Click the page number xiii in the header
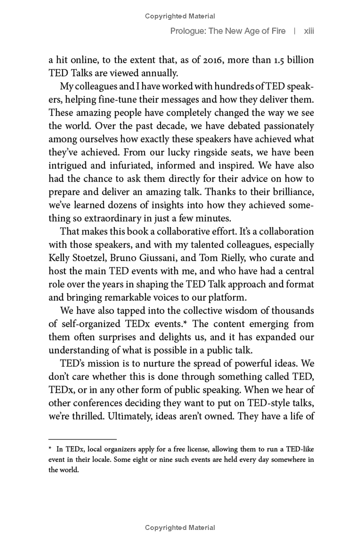tap(309, 31)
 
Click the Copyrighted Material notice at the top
tap(180, 16)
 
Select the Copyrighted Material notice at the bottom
tap(180, 528)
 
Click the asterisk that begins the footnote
tap(50, 449)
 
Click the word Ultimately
tap(129, 416)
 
